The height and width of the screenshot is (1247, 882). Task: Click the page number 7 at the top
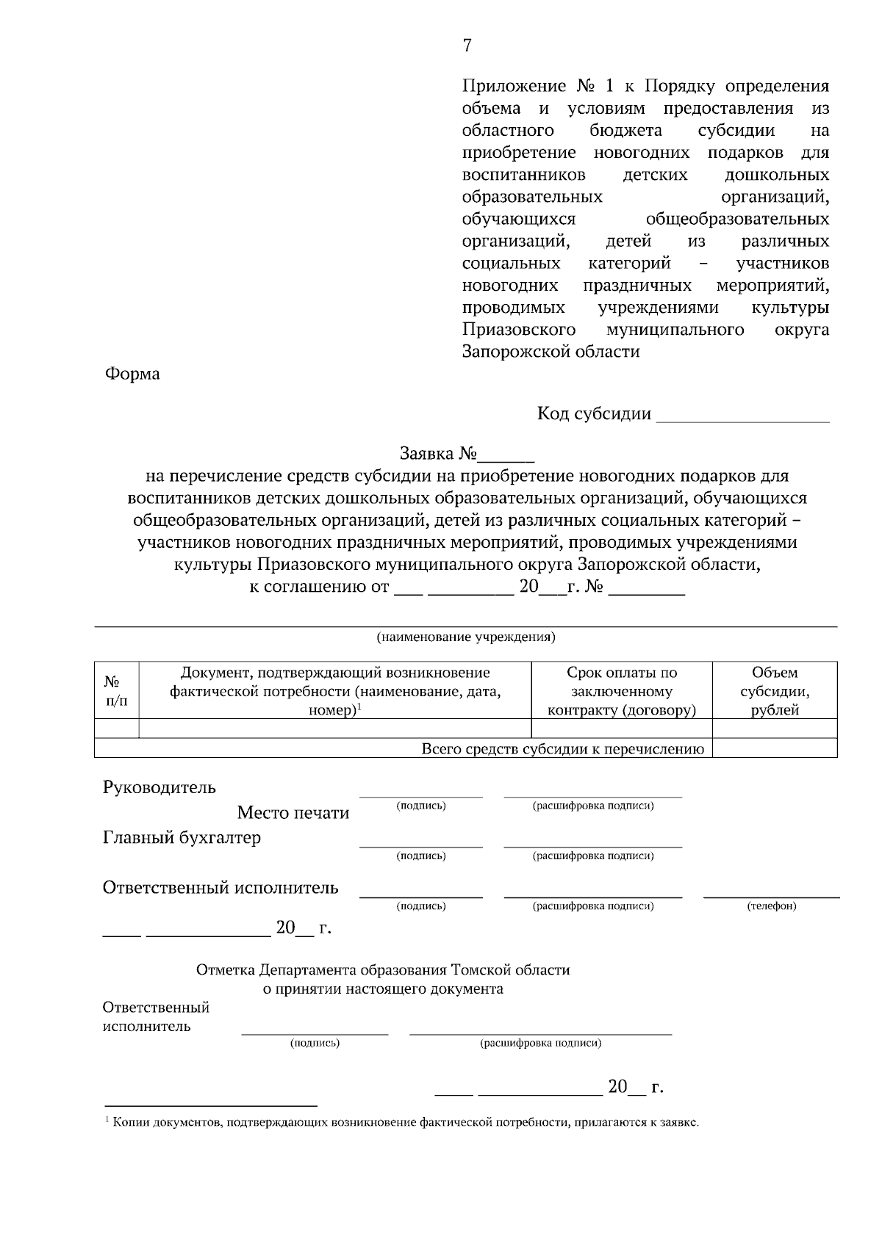tap(467, 46)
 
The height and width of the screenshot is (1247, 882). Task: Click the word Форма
tap(132, 374)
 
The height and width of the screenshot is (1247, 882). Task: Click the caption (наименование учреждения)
tap(466, 637)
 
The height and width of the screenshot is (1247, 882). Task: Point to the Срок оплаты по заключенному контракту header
tap(622, 691)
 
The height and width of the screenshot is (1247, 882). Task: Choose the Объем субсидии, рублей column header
tap(775, 691)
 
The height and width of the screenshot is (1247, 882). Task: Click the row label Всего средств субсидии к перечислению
tap(562, 749)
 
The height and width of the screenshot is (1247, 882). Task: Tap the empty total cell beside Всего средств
tap(775, 748)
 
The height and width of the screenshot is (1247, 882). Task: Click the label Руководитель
tap(159, 788)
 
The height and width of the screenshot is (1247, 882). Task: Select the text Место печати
tap(293, 813)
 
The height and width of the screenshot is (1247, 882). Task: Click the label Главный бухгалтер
tap(182, 838)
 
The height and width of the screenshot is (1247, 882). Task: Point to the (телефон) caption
tap(772, 906)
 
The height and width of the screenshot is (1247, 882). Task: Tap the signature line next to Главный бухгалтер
tap(420, 846)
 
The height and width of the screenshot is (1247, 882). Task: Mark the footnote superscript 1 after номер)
tap(359, 706)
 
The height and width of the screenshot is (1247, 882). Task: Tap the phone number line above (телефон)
tap(772, 896)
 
